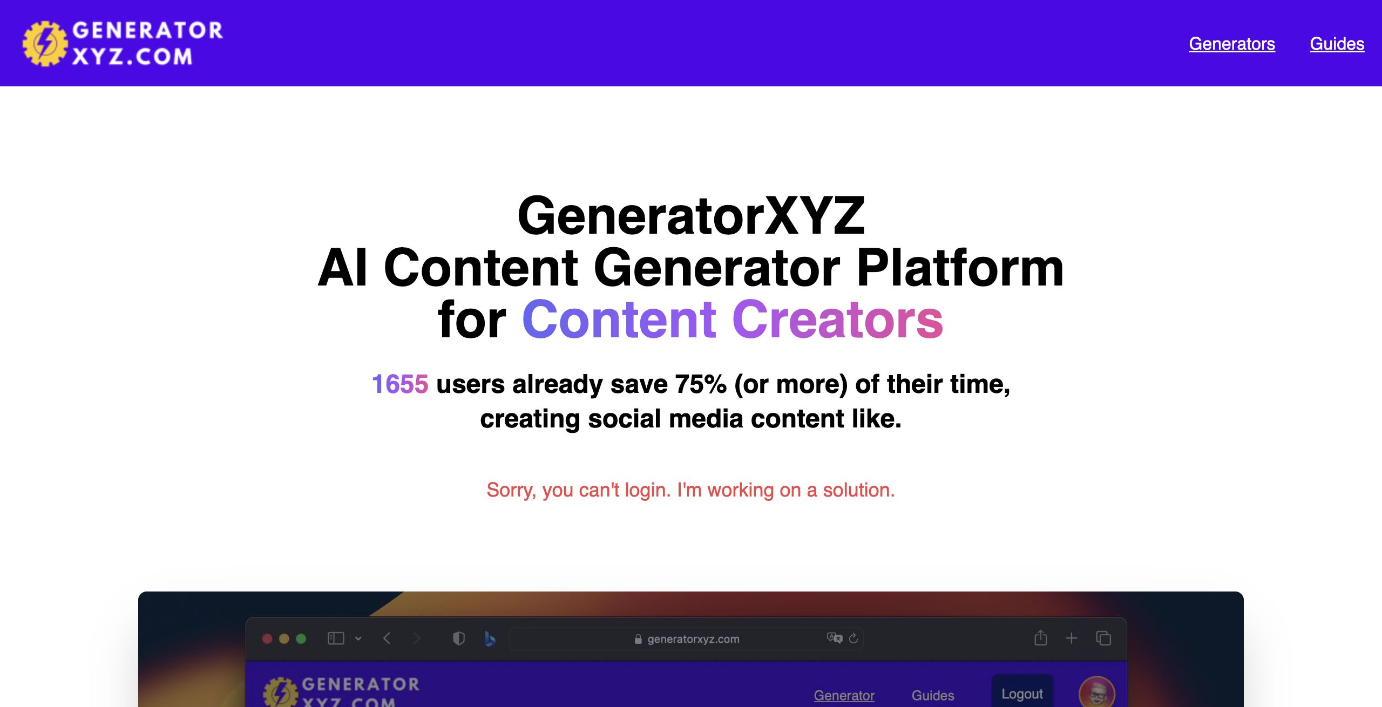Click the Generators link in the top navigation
click(x=1232, y=44)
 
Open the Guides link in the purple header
click(x=1337, y=44)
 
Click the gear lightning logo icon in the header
click(x=45, y=44)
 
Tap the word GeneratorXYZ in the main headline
click(x=691, y=216)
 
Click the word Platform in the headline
click(x=960, y=268)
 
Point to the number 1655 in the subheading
click(x=400, y=384)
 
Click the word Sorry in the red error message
click(x=511, y=490)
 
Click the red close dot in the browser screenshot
click(x=267, y=639)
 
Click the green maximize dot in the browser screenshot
click(x=301, y=639)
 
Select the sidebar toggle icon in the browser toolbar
click(x=336, y=638)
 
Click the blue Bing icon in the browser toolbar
click(x=490, y=639)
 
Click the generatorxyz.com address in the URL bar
click(x=693, y=639)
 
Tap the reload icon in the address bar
click(x=853, y=638)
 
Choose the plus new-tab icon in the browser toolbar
click(x=1072, y=638)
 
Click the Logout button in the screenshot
click(x=1022, y=693)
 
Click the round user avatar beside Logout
click(x=1097, y=692)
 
